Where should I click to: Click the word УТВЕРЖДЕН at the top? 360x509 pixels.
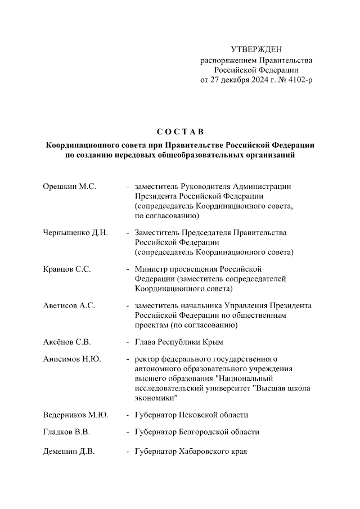click(256, 50)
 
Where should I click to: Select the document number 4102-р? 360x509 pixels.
click(298, 80)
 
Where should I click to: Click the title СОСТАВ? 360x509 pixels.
click(179, 132)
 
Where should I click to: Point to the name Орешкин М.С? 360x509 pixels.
click(70, 186)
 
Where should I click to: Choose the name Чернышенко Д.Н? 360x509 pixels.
click(75, 232)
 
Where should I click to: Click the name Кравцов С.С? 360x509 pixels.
click(67, 269)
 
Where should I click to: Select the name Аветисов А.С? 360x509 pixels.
click(69, 305)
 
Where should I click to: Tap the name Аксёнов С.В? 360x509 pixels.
click(67, 341)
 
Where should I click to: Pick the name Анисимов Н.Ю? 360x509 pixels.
click(72, 359)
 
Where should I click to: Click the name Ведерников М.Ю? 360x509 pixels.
click(75, 415)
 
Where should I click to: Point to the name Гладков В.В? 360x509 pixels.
click(67, 432)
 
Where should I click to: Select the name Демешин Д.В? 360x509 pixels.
click(69, 451)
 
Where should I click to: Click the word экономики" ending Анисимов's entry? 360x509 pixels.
click(156, 398)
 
